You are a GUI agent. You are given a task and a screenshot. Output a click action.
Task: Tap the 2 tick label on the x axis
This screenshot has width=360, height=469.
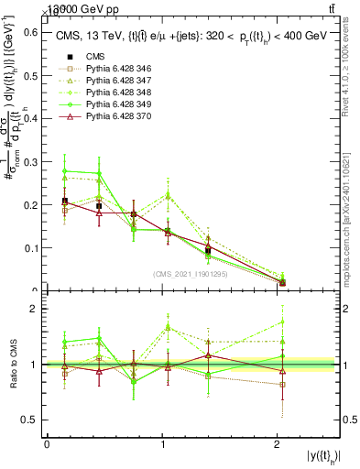pyautogui.click(x=278, y=443)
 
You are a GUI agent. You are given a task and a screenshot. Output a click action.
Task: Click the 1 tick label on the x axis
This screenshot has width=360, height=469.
pyautogui.click(x=162, y=443)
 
